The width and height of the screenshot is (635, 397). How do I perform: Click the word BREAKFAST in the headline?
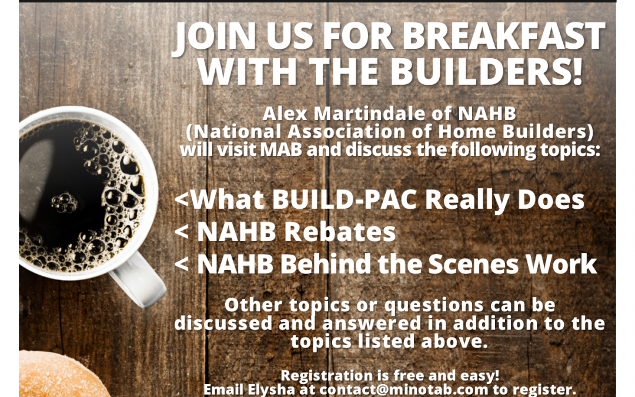point(504,36)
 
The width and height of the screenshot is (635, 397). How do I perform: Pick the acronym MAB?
point(280,149)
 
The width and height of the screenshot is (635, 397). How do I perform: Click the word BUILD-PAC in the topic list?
point(344,199)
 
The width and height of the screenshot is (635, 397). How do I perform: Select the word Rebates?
point(340,232)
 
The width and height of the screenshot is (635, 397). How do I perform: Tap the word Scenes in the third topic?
point(473,264)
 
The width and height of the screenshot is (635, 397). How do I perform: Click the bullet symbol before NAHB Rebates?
point(182,233)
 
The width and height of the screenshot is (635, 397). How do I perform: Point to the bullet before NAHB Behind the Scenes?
point(182,265)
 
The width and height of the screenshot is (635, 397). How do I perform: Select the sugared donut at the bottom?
point(61,374)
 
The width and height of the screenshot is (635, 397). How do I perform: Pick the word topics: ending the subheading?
point(570,150)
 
